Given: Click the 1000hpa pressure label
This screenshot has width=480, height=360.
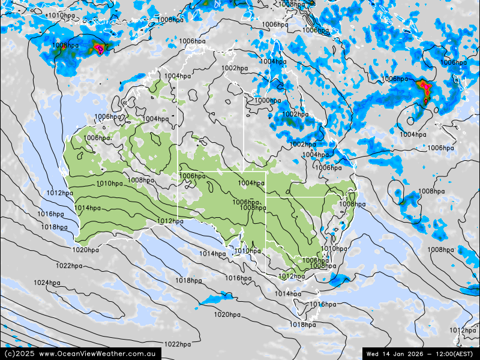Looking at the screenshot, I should click(x=267, y=100).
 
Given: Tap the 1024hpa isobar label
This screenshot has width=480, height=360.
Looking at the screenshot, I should click(x=46, y=283).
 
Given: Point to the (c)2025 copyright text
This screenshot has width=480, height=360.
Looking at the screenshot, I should click(x=19, y=354).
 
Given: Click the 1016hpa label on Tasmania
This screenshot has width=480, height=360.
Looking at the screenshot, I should click(x=323, y=304).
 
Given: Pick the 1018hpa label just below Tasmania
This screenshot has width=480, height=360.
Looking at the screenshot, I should click(x=302, y=325).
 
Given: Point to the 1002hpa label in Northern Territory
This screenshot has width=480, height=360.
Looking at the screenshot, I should click(x=235, y=68).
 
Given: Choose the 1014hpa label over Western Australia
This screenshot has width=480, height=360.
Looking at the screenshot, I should click(x=88, y=208).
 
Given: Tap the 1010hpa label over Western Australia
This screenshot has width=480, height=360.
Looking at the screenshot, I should click(x=110, y=184).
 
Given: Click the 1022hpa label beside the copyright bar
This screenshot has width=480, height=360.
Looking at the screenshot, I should click(x=178, y=344).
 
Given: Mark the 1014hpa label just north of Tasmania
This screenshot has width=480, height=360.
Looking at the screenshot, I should click(x=288, y=293).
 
